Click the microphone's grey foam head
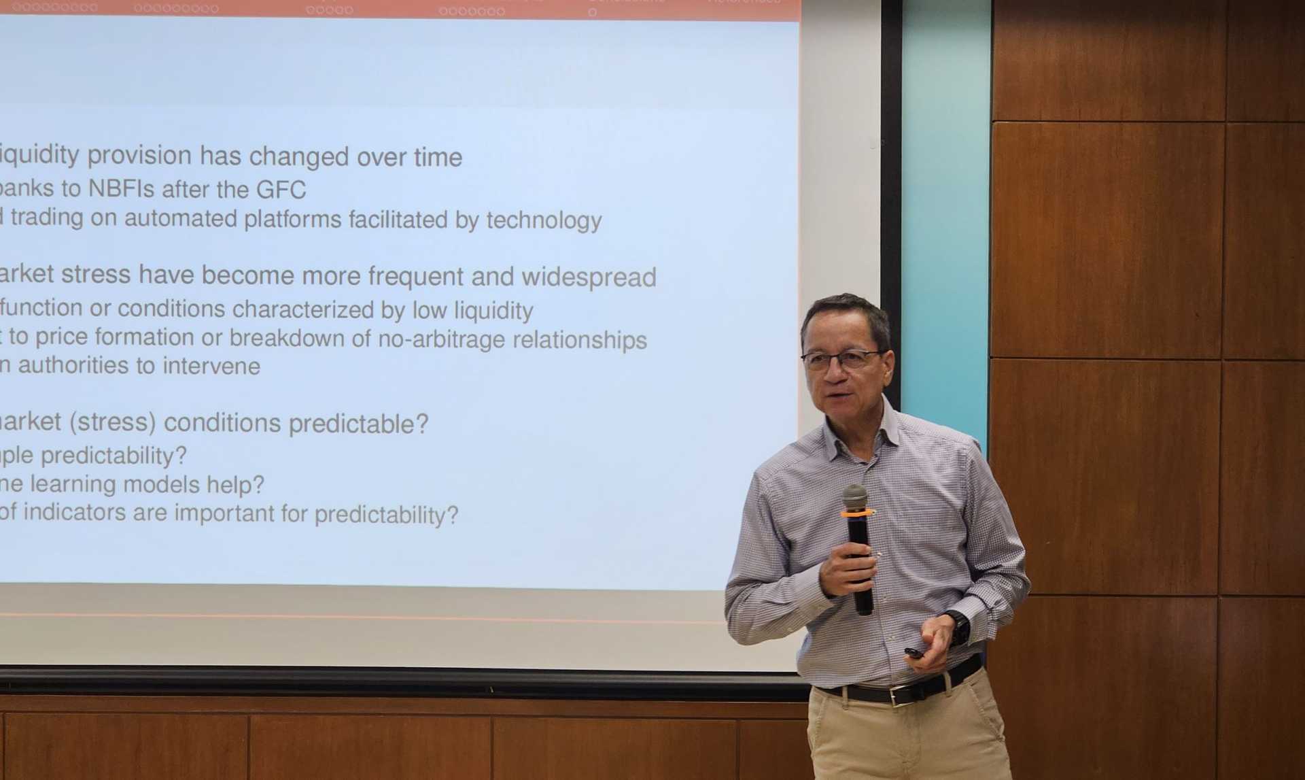(855, 497)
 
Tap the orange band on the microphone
(857, 514)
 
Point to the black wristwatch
(959, 627)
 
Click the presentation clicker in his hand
(915, 654)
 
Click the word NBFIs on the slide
(122, 188)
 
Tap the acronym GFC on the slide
(281, 190)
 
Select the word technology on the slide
(544, 220)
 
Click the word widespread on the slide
(589, 277)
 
